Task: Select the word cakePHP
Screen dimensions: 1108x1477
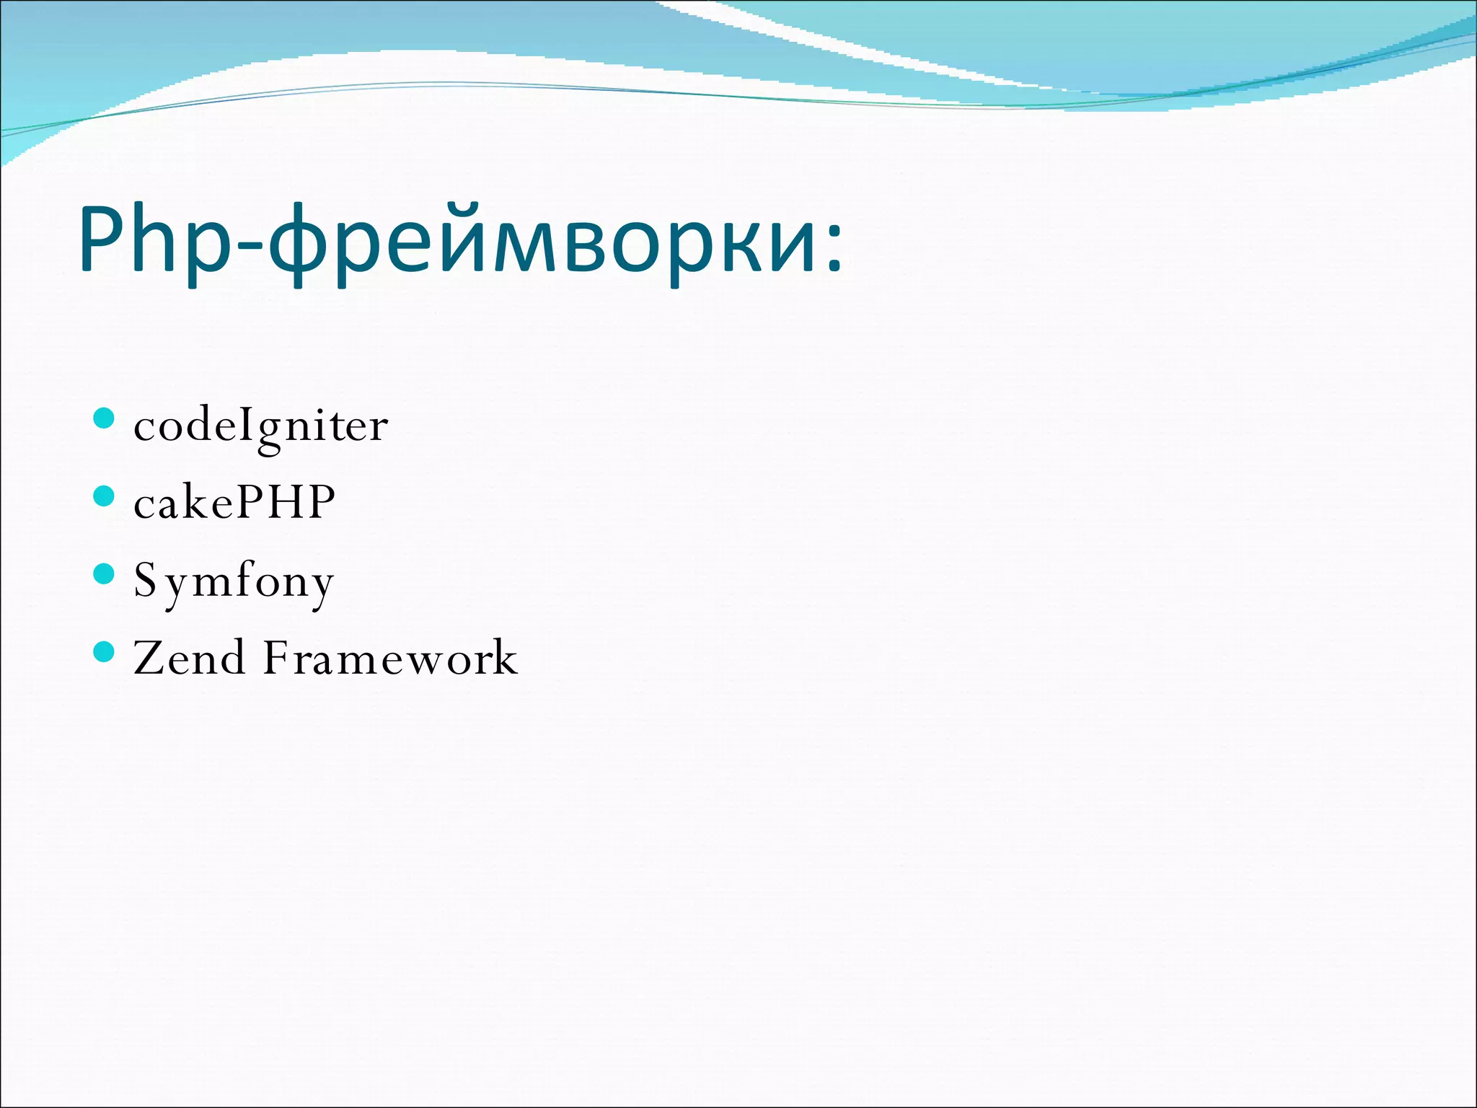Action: (x=234, y=502)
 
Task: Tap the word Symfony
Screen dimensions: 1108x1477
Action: (x=234, y=581)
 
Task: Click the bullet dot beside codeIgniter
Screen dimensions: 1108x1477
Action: (x=105, y=418)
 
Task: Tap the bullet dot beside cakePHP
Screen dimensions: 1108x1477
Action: (x=105, y=496)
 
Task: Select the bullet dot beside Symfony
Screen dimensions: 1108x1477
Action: (x=105, y=574)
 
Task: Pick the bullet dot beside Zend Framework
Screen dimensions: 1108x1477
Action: (x=105, y=652)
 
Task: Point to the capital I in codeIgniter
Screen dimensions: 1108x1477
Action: (x=242, y=425)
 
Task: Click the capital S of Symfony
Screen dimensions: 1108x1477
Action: (x=145, y=580)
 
